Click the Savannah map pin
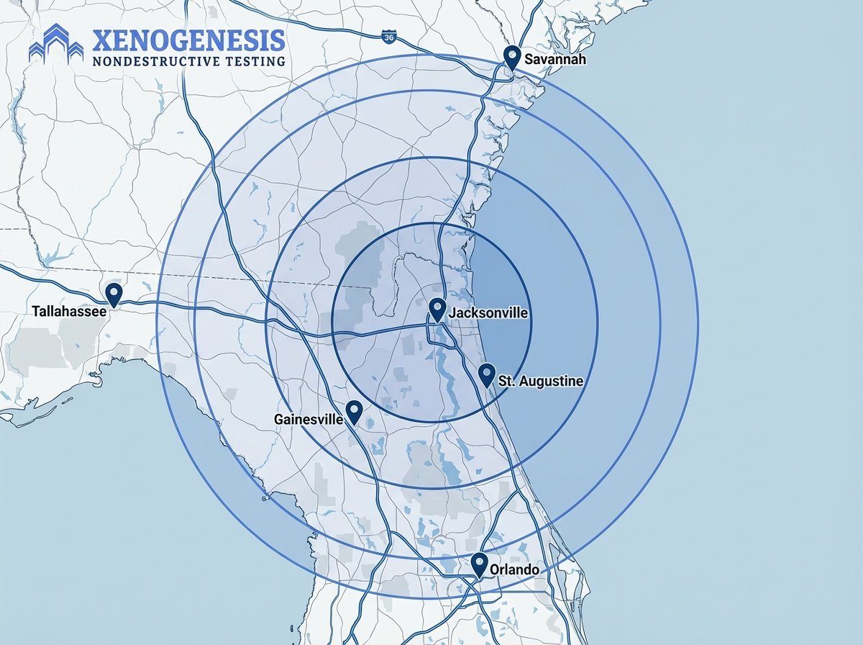[512, 55]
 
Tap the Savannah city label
[555, 59]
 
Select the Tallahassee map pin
[113, 294]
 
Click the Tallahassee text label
[69, 312]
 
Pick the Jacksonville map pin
[437, 310]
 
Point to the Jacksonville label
[488, 313]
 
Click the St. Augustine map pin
[487, 374]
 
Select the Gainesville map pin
[354, 411]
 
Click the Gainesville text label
[309, 418]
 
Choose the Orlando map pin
[480, 564]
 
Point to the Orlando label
[515, 569]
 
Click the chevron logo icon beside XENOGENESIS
[56, 43]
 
